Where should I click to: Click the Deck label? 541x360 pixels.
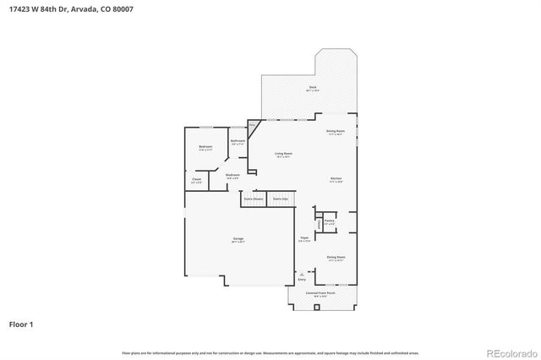coord(312,88)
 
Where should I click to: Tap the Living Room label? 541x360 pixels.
coord(282,154)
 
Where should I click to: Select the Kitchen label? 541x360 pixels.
coord(335,178)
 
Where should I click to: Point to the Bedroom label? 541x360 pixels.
coord(205,147)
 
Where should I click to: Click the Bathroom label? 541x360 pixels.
coord(238,141)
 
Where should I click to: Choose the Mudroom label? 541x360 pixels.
coord(232,175)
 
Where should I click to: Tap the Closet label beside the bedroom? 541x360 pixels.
coord(196,179)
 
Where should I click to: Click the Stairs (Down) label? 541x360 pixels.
coord(253,199)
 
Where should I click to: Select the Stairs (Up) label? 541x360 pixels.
coord(279,199)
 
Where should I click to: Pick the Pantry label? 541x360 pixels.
coord(330,221)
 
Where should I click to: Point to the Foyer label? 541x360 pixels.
coord(303,239)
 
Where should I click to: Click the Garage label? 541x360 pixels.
coord(238,239)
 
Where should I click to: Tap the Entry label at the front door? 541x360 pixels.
coord(302,278)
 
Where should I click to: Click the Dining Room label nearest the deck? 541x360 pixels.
coord(335,131)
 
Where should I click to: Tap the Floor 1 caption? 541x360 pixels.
coord(22,324)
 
